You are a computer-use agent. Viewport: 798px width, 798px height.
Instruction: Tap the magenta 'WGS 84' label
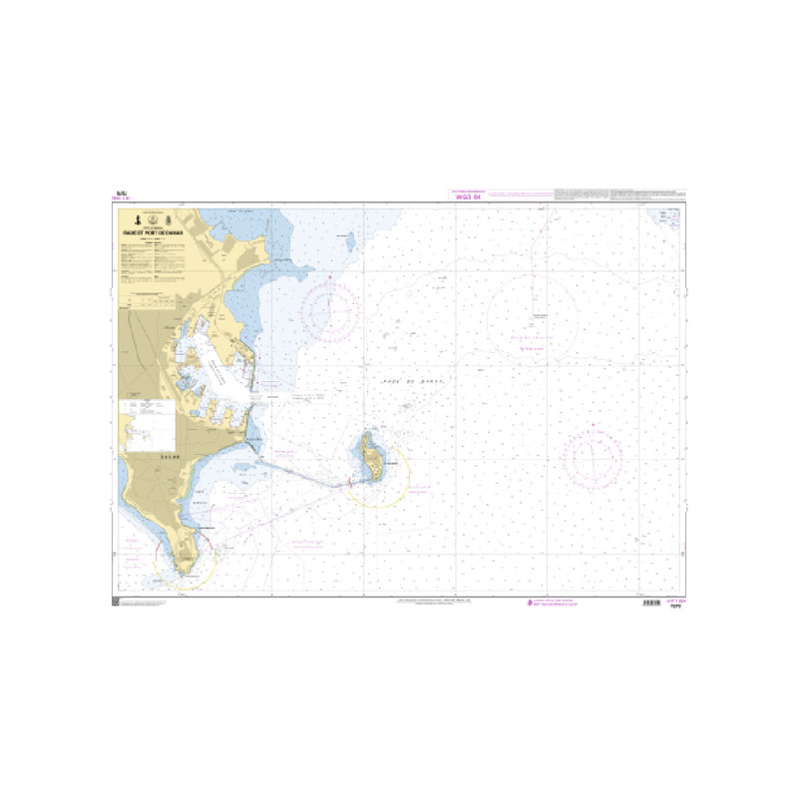click(469, 198)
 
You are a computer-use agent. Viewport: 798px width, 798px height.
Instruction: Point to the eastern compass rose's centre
click(594, 460)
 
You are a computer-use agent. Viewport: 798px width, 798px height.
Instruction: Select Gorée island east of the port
click(371, 456)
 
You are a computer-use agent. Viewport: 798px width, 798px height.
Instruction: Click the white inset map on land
click(147, 420)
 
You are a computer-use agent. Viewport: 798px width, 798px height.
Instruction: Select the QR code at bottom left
click(117, 601)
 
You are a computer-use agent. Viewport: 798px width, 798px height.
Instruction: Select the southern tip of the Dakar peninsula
click(186, 572)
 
